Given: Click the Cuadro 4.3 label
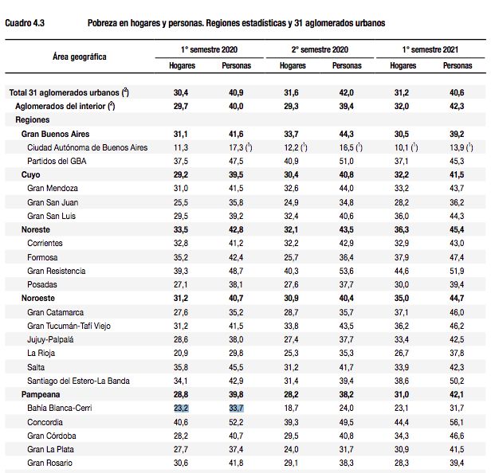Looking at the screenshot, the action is tap(25, 23).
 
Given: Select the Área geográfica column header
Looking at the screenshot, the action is tap(80, 57).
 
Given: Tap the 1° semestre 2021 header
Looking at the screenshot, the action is tap(430, 49).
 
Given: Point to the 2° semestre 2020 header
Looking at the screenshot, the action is tap(320, 49).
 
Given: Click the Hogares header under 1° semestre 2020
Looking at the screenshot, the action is tap(182, 65).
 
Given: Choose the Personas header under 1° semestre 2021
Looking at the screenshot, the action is tap(458, 65).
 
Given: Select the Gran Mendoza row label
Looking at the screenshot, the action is tap(53, 188).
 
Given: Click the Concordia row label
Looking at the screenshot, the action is tap(45, 422).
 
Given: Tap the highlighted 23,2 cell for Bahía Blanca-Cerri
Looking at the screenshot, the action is tap(181, 408).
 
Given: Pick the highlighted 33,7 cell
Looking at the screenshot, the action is tap(236, 408).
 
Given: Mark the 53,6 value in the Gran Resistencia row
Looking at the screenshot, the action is tap(346, 271).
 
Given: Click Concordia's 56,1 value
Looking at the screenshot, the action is tap(457, 422).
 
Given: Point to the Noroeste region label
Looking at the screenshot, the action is tap(38, 298).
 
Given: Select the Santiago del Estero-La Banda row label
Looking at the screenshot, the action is tap(78, 381).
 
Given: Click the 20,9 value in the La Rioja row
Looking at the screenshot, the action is tap(181, 354).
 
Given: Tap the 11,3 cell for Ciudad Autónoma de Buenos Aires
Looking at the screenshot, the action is tap(181, 147).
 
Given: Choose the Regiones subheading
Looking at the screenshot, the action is tap(33, 119).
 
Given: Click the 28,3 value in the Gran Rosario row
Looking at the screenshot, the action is tap(402, 463).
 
